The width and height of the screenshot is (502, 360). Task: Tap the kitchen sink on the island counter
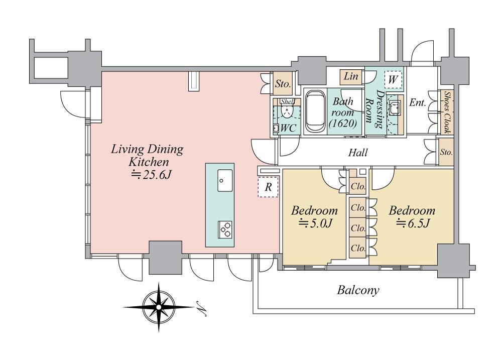(225, 180)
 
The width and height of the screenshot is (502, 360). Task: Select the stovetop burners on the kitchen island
(225, 229)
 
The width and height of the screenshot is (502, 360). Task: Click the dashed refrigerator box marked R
(268, 187)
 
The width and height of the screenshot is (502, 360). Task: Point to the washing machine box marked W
(393, 79)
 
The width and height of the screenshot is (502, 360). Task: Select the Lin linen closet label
(350, 76)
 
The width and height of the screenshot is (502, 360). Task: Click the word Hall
(358, 153)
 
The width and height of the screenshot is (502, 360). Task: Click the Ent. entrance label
(418, 102)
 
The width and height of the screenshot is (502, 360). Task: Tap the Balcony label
(358, 290)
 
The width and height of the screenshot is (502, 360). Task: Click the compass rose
(159, 307)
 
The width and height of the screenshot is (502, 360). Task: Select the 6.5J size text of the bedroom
(413, 223)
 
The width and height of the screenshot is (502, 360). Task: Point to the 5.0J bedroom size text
(315, 223)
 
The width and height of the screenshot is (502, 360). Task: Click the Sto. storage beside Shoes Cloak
(446, 152)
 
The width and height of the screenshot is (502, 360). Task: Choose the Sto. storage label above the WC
(283, 84)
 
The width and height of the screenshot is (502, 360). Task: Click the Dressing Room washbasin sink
(394, 107)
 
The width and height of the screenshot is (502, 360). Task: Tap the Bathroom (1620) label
(343, 112)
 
